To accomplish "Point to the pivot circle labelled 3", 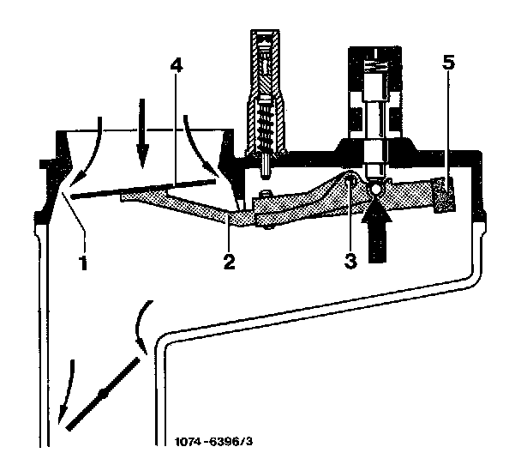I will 350,183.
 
